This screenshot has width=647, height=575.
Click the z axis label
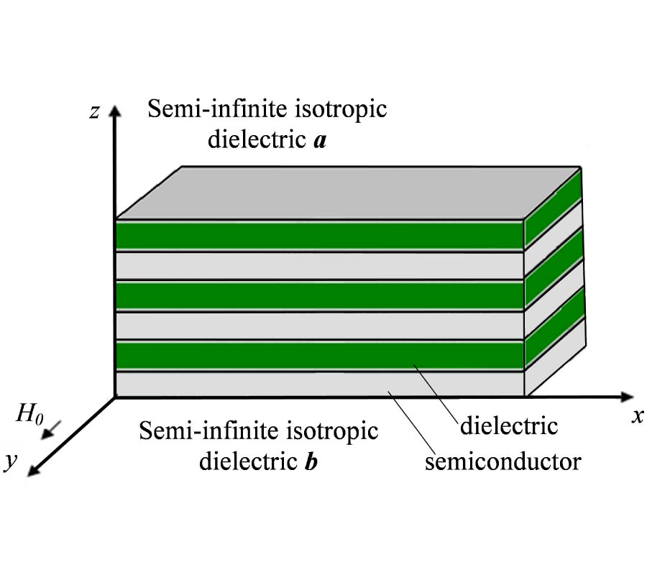pos(93,112)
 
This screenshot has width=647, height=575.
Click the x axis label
pos(636,417)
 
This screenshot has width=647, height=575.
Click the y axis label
pos(10,461)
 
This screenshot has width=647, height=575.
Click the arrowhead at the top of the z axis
pos(114,109)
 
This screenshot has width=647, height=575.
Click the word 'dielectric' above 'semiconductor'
pos(508,425)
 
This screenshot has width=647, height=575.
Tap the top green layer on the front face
pos(320,235)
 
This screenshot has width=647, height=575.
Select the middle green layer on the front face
pos(320,295)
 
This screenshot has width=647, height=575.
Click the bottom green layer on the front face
pos(320,355)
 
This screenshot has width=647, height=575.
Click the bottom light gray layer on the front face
pos(320,385)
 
